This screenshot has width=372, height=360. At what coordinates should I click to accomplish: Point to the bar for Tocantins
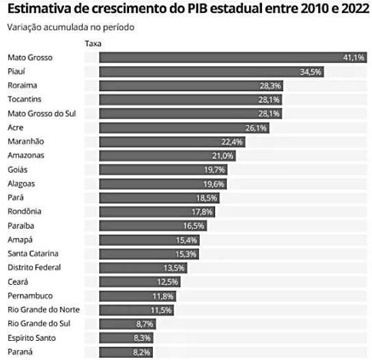tap(184, 100)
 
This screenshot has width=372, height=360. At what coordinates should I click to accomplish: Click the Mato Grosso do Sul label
tap(38, 114)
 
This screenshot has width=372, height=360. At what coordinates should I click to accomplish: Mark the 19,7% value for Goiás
tap(214, 170)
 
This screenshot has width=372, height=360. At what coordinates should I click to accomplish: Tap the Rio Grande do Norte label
tap(43, 309)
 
